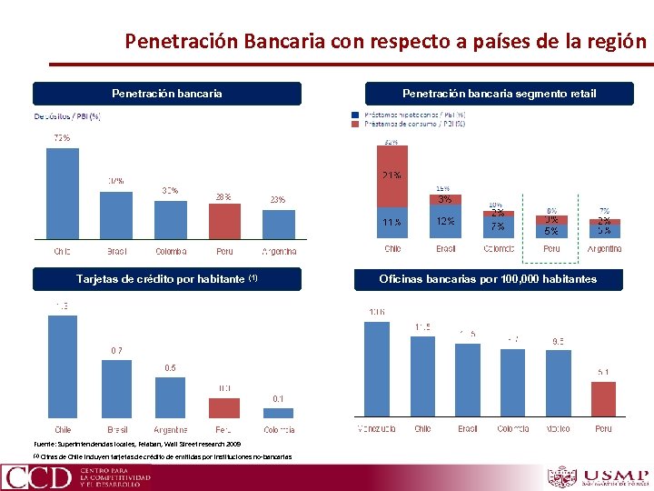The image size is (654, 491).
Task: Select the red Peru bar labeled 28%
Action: point(224,220)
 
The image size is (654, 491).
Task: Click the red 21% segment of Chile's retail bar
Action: point(392,175)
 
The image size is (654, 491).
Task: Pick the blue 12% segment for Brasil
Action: point(445,221)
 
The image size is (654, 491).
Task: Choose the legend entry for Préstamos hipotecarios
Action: point(409,115)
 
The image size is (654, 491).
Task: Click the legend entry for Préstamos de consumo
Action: point(409,125)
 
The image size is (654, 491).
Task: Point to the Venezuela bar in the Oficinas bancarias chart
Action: point(376,368)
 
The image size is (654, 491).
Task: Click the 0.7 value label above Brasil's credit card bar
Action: point(116,350)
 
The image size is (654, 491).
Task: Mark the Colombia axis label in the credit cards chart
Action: point(278,429)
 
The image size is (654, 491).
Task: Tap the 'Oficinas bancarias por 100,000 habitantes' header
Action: point(487,279)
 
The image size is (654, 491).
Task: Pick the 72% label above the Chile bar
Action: point(62,138)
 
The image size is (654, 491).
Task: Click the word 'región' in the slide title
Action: point(624,41)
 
